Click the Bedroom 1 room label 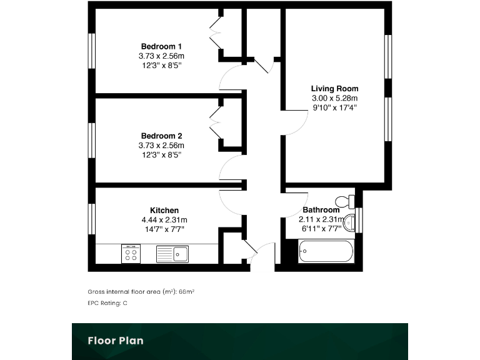162,46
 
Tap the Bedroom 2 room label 162,136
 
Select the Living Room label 334,89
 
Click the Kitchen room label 164,211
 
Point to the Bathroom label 321,211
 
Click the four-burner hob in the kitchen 131,254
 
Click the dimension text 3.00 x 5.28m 334,98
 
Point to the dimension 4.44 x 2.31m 164,220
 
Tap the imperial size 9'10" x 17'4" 334,107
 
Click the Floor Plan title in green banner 115,341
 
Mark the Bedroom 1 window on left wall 91,51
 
